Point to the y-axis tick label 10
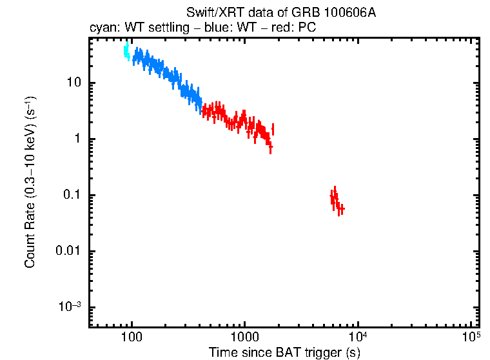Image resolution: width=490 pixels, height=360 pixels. click(72, 83)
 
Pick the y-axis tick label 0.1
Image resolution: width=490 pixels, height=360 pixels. click(71, 195)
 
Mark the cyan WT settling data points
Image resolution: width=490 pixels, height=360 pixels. click(127, 52)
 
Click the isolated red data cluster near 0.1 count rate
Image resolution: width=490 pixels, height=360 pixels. click(336, 200)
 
